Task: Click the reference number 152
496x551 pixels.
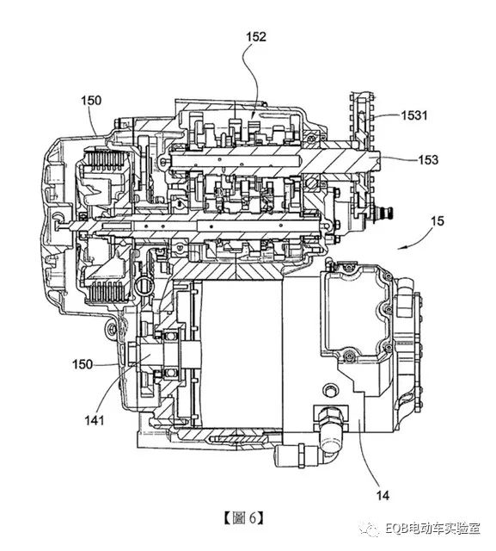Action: click(x=256, y=37)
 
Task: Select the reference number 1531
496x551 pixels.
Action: click(x=414, y=115)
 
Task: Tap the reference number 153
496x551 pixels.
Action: click(x=428, y=160)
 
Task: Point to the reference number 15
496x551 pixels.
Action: click(x=437, y=221)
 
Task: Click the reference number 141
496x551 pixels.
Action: click(x=95, y=420)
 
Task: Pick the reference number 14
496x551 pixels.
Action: click(x=383, y=496)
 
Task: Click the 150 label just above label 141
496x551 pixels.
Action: click(x=83, y=364)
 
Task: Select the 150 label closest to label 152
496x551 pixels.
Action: click(x=91, y=101)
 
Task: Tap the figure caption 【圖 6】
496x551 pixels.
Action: click(x=243, y=517)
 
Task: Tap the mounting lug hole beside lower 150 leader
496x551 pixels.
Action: click(x=112, y=329)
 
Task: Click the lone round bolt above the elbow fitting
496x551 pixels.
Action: click(x=330, y=390)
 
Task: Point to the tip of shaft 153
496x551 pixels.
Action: click(x=380, y=159)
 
